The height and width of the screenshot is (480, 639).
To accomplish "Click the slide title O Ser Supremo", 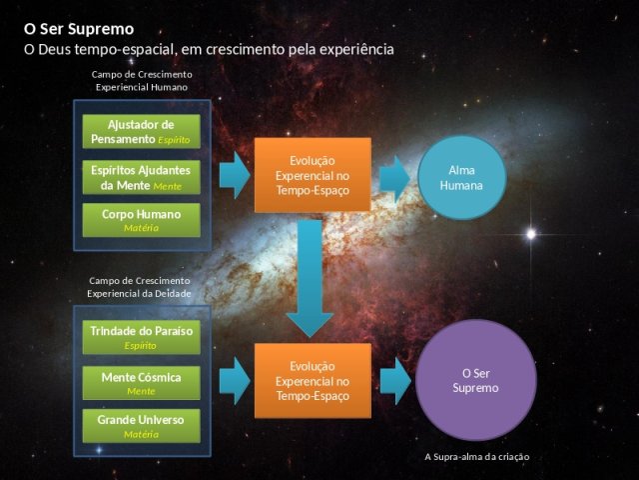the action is [79, 29].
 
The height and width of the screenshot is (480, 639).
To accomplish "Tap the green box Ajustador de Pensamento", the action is [142, 131].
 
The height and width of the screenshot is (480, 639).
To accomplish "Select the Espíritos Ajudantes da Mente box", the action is [142, 177].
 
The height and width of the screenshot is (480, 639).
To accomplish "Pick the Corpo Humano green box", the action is [142, 220].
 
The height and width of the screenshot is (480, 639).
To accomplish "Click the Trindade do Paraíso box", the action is [142, 337].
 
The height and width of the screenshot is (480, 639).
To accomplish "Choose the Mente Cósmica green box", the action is [142, 383].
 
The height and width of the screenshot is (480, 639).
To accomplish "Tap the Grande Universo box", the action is [142, 426].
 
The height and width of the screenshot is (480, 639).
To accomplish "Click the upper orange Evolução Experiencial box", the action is [313, 175].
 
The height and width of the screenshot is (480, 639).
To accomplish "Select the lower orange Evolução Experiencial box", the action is [313, 381].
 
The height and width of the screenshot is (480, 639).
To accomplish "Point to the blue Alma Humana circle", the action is [461, 178].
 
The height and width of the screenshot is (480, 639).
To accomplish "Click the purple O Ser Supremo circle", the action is [476, 380].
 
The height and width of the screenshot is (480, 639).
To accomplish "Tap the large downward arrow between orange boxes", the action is [311, 279].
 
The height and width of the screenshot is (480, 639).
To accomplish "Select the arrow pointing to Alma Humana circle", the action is [395, 178].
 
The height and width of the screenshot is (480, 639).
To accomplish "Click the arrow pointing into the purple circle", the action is [395, 381].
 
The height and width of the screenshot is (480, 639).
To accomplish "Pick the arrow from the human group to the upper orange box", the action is [235, 175].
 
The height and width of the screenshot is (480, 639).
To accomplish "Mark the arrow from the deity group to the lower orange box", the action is [235, 381].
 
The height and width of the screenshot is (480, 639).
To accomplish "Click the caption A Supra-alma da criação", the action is [477, 457].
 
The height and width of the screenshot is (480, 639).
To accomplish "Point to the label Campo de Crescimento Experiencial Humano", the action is [142, 81].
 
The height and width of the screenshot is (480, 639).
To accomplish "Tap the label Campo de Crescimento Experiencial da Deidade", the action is [139, 287].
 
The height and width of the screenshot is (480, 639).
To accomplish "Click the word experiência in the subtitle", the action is [356, 50].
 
